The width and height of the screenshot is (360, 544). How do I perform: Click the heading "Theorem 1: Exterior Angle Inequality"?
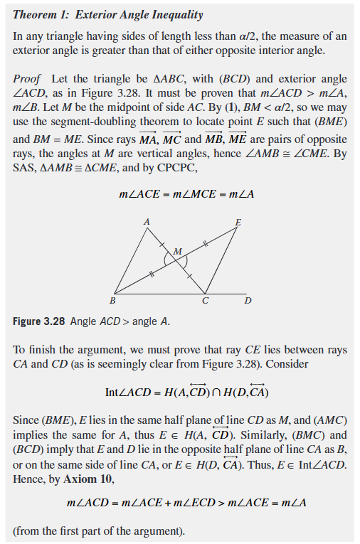pyautogui.click(x=107, y=14)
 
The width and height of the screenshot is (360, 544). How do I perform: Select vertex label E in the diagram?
pyautogui.click(x=238, y=223)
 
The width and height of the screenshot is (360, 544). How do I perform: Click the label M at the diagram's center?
pyautogui.click(x=177, y=251)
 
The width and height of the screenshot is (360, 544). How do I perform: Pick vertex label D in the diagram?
pyautogui.click(x=248, y=301)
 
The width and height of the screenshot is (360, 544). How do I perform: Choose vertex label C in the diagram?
pyautogui.click(x=205, y=301)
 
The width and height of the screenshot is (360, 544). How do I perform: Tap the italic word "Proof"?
pyautogui.click(x=27, y=78)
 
